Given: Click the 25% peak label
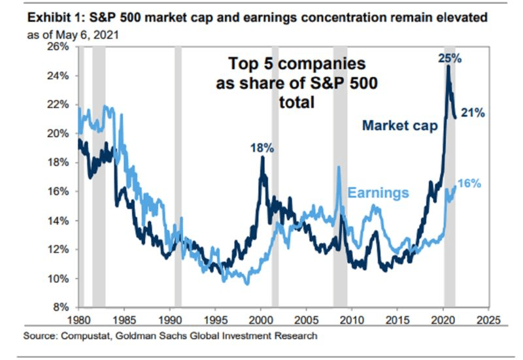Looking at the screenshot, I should tap(449, 58).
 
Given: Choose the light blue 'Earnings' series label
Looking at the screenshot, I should tap(378, 193).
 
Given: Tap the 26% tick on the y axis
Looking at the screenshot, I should tap(59, 47).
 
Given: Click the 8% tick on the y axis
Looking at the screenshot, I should tap(62, 307).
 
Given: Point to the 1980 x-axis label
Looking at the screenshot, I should tap(78, 321).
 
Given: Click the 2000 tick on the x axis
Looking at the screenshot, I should tap(261, 321).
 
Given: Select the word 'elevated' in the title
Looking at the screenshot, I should tap(464, 18).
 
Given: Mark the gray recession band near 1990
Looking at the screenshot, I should tap(178, 176).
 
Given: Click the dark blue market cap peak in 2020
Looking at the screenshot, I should tap(448, 67).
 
